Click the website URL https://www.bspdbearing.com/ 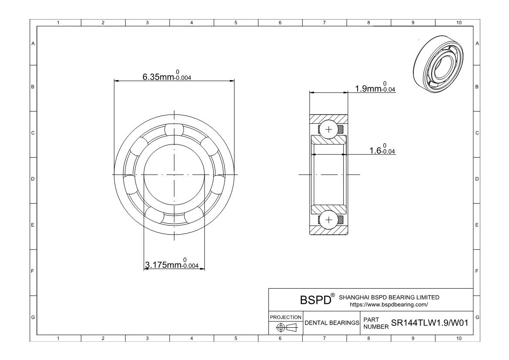click(388, 304)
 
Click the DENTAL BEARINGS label click(332, 323)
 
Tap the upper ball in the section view click(328, 129)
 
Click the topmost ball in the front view click(174, 130)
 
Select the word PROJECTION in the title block click(286, 317)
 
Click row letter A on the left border click(33, 44)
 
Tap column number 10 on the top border click(458, 23)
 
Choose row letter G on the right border click(478, 317)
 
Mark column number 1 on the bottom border click(59, 338)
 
